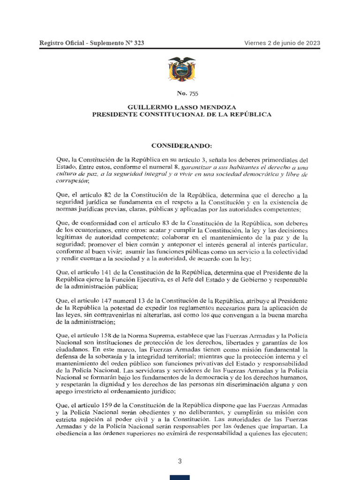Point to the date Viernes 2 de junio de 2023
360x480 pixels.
(282, 43)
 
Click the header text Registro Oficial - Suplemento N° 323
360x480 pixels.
(92, 43)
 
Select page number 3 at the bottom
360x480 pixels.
(180, 461)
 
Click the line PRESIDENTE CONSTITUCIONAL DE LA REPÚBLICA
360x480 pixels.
(181, 114)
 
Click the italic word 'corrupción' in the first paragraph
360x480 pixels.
(72, 181)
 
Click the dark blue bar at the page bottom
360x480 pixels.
(180, 477)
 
